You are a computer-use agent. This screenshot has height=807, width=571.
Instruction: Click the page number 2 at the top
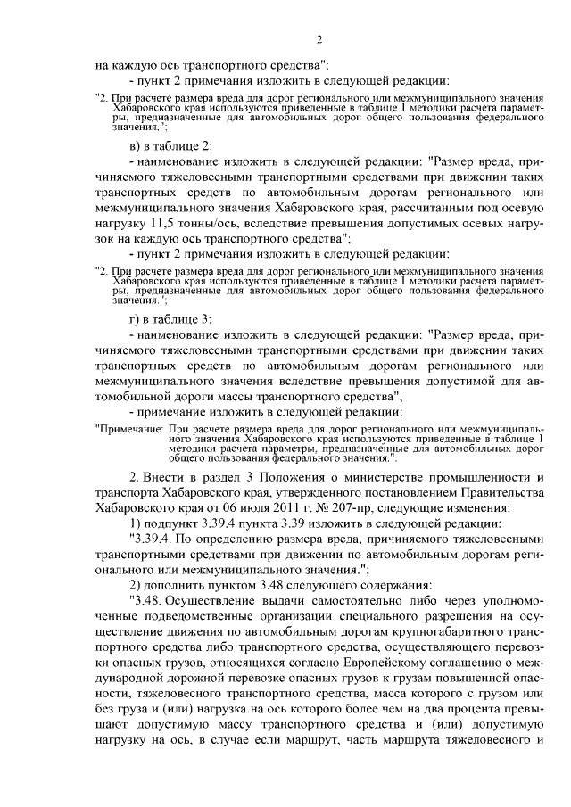[318, 38]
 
